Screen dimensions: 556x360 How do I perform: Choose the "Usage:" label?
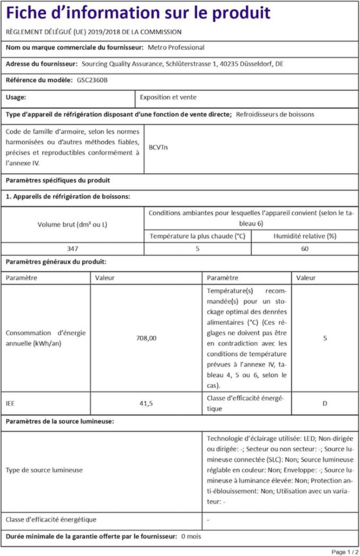[x=16, y=98]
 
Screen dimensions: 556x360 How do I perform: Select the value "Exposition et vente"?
[x=168, y=98]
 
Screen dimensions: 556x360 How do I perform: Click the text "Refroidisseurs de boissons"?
[x=275, y=114]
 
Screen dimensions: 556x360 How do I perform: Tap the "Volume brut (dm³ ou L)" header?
[x=72, y=224]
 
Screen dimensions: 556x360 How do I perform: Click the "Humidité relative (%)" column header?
[x=305, y=236]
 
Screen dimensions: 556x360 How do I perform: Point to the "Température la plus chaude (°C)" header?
[x=197, y=236]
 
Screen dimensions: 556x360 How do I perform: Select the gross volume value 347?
[x=72, y=248]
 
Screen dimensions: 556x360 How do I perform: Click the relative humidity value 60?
[x=305, y=248]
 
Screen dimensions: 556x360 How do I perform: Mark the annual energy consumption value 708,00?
[x=146, y=338]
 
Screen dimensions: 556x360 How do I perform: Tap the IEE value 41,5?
[x=146, y=403]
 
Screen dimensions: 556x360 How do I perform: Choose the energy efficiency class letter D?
[x=324, y=403]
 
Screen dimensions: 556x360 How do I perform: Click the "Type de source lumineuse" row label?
[x=44, y=470]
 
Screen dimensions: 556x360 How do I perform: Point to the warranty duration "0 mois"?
[x=191, y=536]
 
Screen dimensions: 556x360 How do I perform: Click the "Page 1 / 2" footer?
[x=345, y=551]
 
